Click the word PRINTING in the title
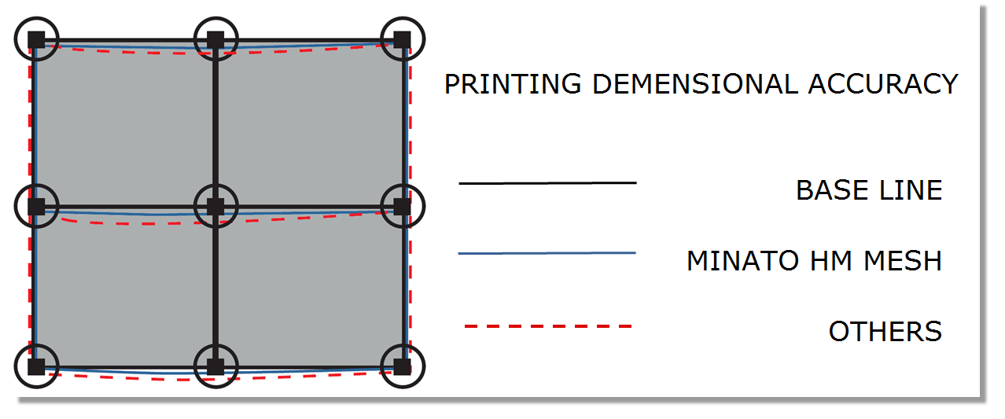click(x=513, y=84)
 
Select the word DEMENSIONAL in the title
click(x=695, y=84)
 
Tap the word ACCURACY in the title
click(x=883, y=84)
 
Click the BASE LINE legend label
click(x=869, y=189)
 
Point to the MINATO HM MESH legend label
click(x=815, y=261)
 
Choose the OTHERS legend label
click(x=885, y=332)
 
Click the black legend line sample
click(x=547, y=183)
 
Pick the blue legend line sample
click(x=547, y=253)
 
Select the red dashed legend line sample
click(x=548, y=326)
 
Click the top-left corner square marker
click(x=37, y=39)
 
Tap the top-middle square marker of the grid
click(x=215, y=39)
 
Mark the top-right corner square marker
click(x=402, y=39)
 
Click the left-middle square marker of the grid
click(x=37, y=207)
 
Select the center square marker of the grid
click(x=215, y=207)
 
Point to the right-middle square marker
click(x=402, y=207)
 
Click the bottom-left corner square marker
click(x=37, y=366)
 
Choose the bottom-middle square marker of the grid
click(x=215, y=366)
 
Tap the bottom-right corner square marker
click(x=402, y=366)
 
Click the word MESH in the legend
click(x=903, y=261)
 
